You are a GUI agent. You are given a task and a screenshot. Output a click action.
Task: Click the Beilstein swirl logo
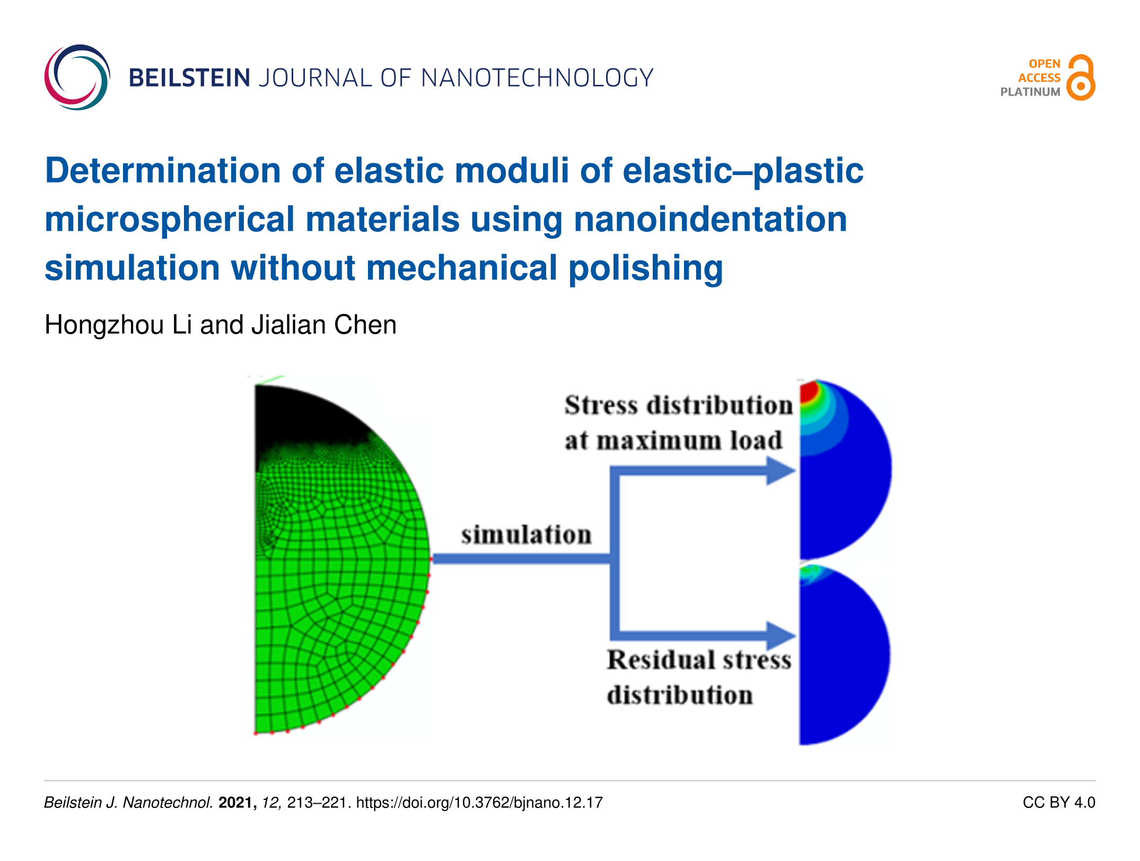pos(77,77)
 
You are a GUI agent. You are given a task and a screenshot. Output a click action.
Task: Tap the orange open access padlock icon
pos(1081,77)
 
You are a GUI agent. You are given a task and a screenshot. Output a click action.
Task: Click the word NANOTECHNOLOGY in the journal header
pos(537,78)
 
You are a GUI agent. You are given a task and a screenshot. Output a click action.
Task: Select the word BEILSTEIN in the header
pos(189,78)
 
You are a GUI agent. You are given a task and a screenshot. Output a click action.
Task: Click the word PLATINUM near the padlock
pos(1030,92)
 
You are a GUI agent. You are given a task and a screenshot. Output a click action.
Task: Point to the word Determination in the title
pos(162,171)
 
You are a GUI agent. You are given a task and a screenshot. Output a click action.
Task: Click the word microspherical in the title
pos(170,220)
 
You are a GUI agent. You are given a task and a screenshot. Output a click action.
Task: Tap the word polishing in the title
pos(646,268)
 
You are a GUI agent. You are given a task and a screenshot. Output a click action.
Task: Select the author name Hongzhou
pos(104,325)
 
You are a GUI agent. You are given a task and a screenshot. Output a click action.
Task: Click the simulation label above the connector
pos(526,535)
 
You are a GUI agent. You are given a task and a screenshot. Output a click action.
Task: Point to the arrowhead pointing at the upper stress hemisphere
pos(781,471)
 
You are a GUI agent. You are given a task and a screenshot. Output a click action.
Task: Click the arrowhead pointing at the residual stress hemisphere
pos(781,635)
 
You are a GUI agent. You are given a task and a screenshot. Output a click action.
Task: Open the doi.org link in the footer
pos(479,803)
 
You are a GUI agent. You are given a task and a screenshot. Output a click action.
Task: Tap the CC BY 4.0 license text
pos(1059,803)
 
